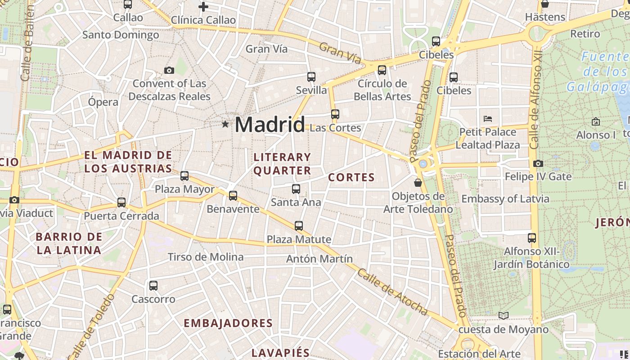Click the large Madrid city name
[270, 124]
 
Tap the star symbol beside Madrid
[225, 124]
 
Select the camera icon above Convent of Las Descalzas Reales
[169, 70]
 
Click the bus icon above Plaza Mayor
[184, 175]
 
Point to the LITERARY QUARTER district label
[282, 163]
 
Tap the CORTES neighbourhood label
[351, 177]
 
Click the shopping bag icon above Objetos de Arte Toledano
[418, 182]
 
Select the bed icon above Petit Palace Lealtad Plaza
[488, 119]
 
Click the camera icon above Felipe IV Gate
[538, 163]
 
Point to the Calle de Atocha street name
[392, 292]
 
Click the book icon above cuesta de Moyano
[504, 315]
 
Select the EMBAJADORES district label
[228, 323]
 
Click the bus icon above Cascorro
[153, 285]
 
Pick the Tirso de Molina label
[206, 257]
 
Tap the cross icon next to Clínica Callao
[203, 7]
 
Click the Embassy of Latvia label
[505, 198]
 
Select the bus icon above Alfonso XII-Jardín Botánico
[532, 238]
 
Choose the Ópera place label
[103, 102]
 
